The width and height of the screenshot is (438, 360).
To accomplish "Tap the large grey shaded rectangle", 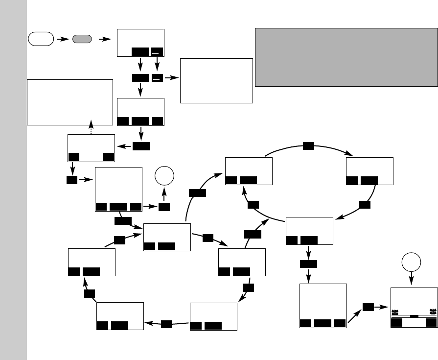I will pos(346,57).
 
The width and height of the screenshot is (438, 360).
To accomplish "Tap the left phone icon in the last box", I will pos(395,311).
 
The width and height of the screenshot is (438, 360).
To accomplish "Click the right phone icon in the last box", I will pos(432,311).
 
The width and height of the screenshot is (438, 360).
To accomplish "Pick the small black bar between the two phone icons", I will pos(414,316).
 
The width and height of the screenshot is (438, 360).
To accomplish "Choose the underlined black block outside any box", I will pos(157,78).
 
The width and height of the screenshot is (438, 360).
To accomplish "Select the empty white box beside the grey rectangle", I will pos(216,80).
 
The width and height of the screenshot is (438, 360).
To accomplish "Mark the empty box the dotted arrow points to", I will pos(70,102).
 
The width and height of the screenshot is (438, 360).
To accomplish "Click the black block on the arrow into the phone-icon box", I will pos(369,307).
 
